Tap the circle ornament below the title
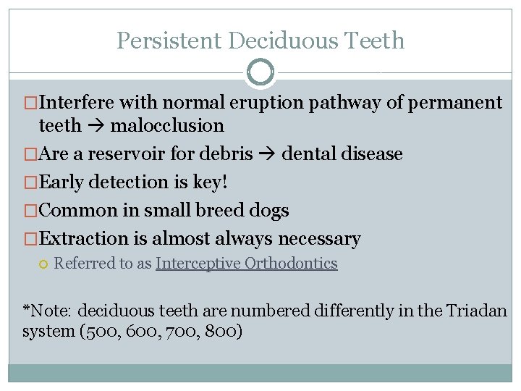click(260, 72)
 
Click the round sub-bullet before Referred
click(44, 264)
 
